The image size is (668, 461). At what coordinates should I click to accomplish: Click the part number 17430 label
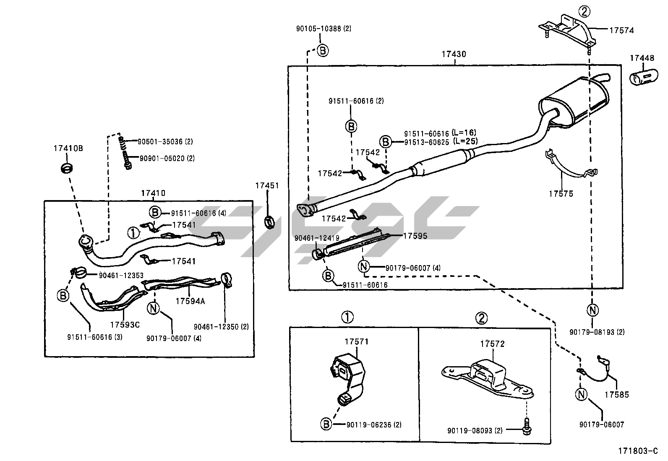tap(453, 54)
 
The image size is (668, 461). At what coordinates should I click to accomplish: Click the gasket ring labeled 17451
tap(269, 221)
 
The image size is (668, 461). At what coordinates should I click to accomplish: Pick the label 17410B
tap(68, 148)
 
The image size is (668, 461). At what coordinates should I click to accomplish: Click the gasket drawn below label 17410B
tap(67, 168)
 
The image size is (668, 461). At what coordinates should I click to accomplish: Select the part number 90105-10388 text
tap(323, 29)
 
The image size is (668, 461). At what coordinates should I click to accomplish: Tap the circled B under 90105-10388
tap(322, 50)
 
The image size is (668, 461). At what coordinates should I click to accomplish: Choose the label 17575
tap(560, 194)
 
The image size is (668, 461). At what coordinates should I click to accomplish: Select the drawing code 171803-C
tap(637, 451)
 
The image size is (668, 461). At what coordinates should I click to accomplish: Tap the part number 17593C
tap(125, 324)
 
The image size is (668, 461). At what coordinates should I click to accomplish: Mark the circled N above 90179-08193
tap(592, 310)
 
